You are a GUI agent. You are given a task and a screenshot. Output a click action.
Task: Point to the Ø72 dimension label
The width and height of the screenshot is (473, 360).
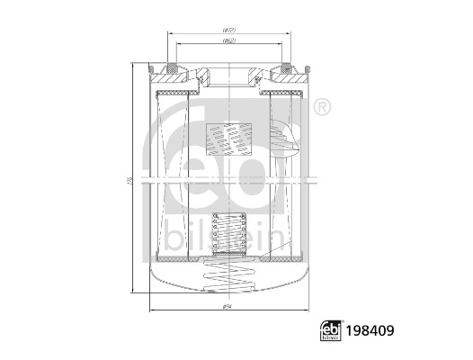[x=229, y=31]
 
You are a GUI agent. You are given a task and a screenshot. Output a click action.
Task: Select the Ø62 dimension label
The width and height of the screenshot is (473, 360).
[x=229, y=42]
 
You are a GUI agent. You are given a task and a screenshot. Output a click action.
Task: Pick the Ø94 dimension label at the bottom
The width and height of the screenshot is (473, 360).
[x=228, y=309]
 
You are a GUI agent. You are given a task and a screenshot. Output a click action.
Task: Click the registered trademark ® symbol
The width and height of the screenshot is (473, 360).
[x=320, y=108]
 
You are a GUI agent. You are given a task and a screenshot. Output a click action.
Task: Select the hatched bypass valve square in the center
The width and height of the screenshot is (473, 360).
[x=228, y=139]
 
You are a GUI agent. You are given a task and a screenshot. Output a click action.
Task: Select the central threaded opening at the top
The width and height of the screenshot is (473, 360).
[x=229, y=72]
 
